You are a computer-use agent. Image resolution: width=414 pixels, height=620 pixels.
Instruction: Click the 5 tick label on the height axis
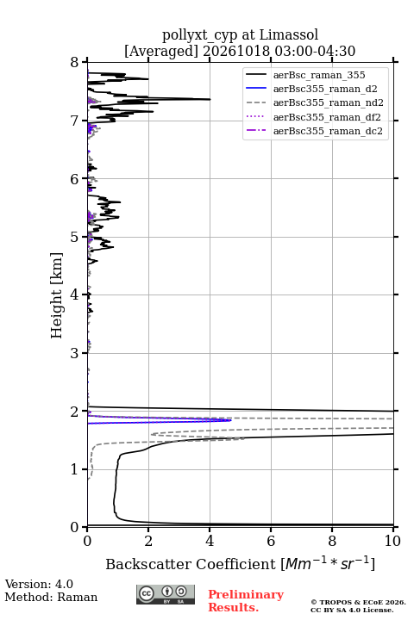coord(75,237)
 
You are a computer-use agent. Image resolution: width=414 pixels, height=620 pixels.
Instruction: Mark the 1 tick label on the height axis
coord(75,469)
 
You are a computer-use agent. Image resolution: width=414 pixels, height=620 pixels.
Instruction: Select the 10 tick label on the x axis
coord(392,541)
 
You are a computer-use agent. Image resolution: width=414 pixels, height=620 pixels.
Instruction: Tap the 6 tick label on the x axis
coord(271,541)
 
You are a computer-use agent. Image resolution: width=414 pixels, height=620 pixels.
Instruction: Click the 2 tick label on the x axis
coord(148,541)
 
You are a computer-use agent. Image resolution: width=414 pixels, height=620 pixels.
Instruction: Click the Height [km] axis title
coord(57,295)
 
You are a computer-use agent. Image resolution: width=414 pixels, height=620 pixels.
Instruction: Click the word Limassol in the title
coord(288,34)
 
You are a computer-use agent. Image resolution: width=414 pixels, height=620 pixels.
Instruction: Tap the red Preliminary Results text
coord(246,601)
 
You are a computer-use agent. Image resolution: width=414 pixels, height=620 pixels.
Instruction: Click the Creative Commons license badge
coord(166,594)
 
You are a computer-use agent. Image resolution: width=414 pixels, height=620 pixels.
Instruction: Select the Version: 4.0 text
coord(39,584)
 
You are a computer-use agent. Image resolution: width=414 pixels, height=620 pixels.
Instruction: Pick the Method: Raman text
coord(51,597)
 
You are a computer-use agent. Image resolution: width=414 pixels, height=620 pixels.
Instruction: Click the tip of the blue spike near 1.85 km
coord(231,420)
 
